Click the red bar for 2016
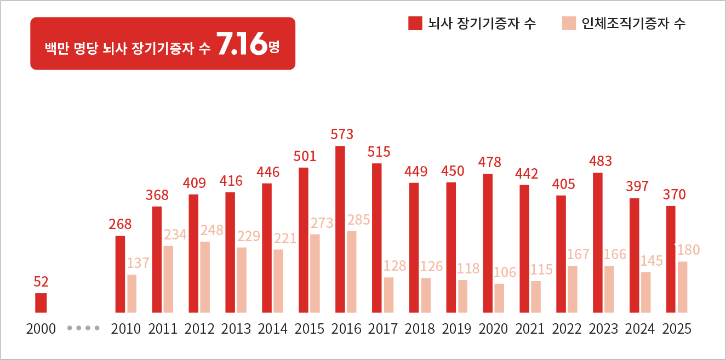[x=340, y=229]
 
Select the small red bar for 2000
[x=41, y=302]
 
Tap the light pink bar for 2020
[x=499, y=298]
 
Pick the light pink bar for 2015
[x=315, y=273]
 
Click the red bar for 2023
[x=598, y=242]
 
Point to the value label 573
[x=342, y=134]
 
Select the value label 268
[x=120, y=224]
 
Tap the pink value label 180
[x=688, y=250]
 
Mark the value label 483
[x=601, y=162]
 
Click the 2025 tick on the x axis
[x=677, y=329]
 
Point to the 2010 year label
[x=125, y=329]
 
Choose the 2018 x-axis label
[x=420, y=329]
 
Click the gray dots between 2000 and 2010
[x=83, y=329]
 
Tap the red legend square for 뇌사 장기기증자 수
[x=415, y=23]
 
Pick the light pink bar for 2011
[x=168, y=278]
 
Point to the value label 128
[x=395, y=266]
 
